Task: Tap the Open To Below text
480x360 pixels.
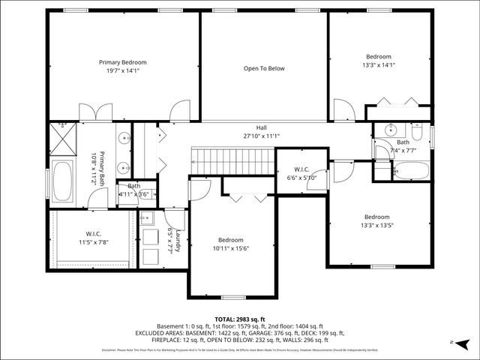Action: coord(264,68)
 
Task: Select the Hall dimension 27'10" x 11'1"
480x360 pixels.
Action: coord(261,136)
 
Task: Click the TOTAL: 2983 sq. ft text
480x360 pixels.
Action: coord(240,319)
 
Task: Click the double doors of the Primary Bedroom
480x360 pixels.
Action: coord(95,112)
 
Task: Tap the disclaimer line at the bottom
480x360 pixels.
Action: coord(240,350)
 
